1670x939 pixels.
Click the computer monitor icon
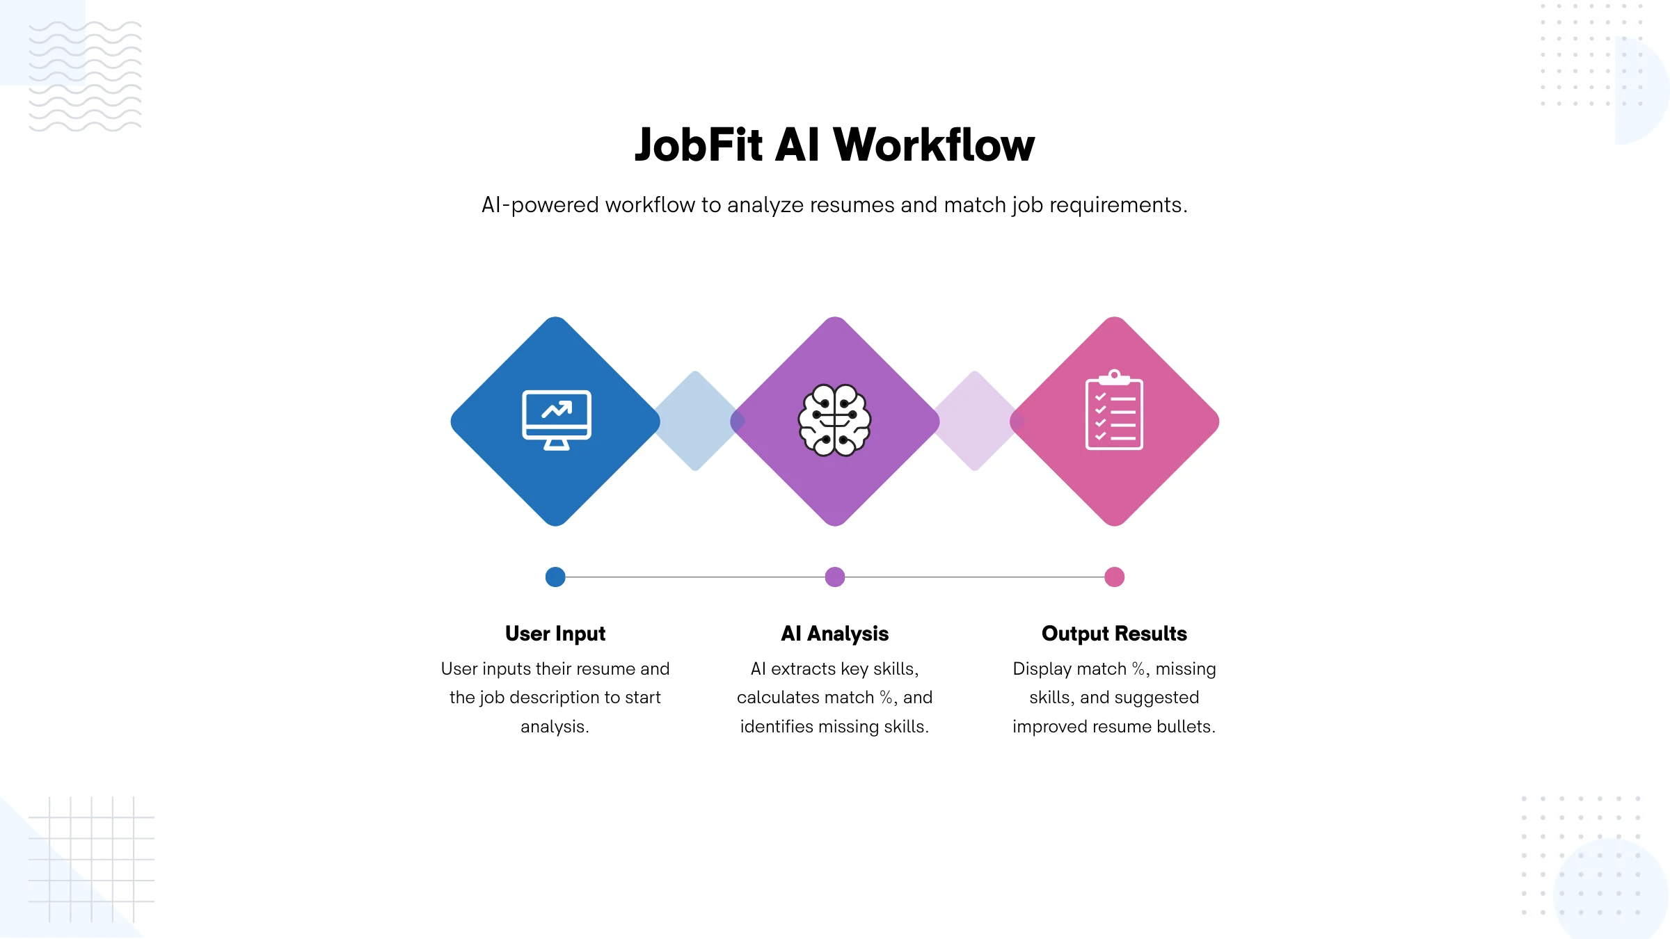coord(557,420)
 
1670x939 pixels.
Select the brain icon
coord(834,420)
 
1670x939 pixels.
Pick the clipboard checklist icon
coord(1114,410)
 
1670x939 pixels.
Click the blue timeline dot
coord(555,577)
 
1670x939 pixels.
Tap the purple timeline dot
coord(835,577)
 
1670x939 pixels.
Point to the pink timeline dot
coord(1115,577)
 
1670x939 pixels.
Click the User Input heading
coord(555,634)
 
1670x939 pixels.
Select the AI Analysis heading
coord(835,634)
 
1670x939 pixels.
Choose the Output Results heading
coord(1114,634)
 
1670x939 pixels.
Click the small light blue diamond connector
coord(695,421)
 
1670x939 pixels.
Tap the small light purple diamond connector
coord(975,421)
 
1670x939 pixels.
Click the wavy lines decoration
coord(85,77)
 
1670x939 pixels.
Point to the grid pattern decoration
coord(91,860)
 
